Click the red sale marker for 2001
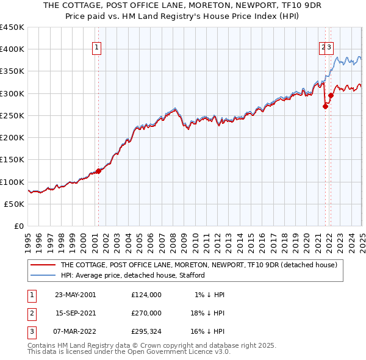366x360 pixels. tap(98, 171)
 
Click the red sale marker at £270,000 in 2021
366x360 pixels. tap(325, 107)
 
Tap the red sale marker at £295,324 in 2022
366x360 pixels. tap(331, 95)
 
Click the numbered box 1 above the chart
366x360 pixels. tap(98, 49)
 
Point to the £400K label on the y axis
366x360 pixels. tap(12, 49)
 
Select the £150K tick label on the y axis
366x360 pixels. tap(12, 160)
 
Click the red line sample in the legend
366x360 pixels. tap(43, 265)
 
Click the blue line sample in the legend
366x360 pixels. tap(43, 275)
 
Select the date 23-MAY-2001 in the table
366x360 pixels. tap(75, 295)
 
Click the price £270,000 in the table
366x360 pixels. tap(146, 314)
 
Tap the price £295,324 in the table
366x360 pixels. tap(146, 333)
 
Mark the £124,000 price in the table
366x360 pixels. tap(146, 295)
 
